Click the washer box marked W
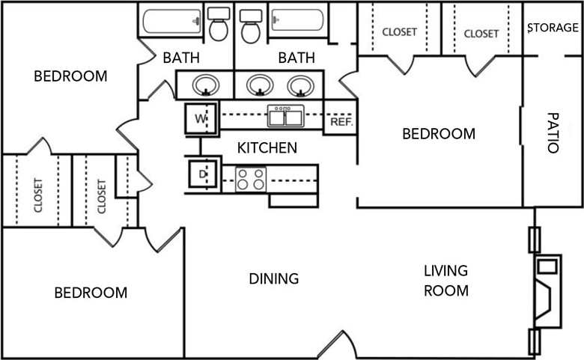201,118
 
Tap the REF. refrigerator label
341,121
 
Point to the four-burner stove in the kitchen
251,179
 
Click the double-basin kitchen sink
285,117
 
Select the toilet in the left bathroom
219,25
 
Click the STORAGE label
553,28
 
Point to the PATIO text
553,133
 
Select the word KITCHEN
267,148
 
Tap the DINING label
273,278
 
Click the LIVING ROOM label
446,280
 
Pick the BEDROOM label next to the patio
439,134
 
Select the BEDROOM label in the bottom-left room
91,293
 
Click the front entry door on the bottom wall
337,346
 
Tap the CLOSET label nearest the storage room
481,33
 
